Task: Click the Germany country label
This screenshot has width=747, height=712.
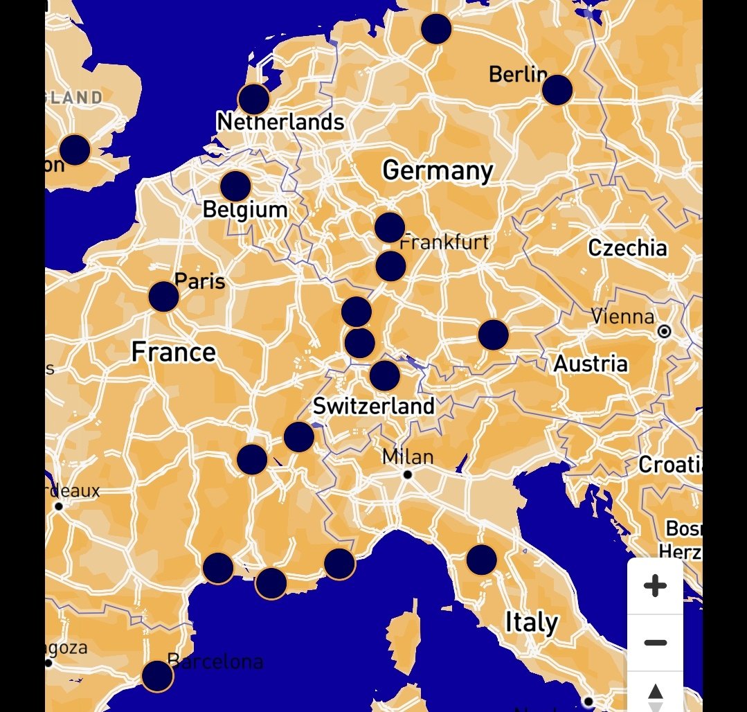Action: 438,170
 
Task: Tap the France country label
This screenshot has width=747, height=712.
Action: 174,353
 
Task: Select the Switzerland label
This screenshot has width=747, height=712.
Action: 374,406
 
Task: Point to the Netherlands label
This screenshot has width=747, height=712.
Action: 280,123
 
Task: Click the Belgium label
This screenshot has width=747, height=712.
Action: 245,210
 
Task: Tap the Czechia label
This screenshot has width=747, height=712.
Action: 627,248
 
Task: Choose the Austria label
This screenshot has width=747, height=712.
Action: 591,364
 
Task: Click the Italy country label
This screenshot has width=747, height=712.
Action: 531,623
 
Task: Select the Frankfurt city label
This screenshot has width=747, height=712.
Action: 444,242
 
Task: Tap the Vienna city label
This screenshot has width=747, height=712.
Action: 622,317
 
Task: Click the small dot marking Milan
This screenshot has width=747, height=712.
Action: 408,474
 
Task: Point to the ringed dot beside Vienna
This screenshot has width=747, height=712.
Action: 665,332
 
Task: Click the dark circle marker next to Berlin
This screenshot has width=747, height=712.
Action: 557,90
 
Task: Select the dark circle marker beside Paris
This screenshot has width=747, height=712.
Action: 164,296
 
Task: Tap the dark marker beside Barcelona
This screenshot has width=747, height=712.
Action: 157,676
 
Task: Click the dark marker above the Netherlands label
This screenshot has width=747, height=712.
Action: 254,99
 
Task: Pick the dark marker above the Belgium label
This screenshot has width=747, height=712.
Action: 235,186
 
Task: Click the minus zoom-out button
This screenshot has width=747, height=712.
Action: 655,643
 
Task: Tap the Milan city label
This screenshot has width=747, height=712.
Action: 408,457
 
